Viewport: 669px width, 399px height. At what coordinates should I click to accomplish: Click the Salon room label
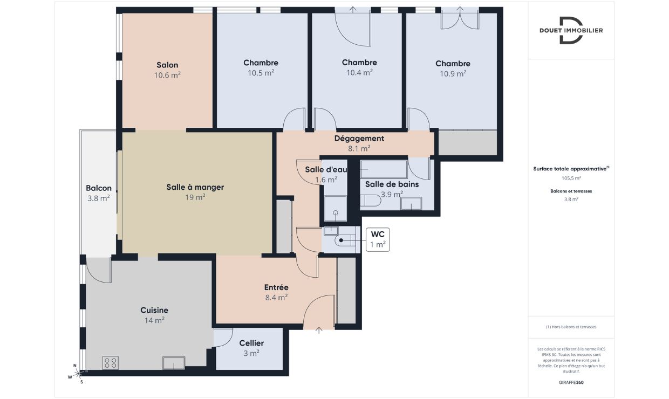167,65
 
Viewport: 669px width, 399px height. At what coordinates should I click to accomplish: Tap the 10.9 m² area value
453,73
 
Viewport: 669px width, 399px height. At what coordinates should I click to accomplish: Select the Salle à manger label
195,187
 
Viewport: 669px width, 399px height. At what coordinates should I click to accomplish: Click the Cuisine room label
154,310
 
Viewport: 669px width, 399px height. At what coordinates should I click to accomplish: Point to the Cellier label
251,343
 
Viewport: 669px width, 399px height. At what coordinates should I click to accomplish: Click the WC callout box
378,239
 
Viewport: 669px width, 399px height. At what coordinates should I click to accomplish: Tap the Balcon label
99,188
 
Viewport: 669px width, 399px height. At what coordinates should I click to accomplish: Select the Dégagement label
359,139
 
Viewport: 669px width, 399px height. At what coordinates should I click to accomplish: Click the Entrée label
276,287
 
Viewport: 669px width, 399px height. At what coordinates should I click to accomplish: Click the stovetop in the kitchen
111,362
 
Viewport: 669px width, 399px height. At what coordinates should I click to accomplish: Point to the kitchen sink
174,363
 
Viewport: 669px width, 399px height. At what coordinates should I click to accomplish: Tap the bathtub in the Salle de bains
384,169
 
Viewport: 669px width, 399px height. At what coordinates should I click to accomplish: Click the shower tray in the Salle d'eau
336,209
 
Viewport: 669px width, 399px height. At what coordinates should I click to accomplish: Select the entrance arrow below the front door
319,330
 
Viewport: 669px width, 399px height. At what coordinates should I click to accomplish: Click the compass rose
78,373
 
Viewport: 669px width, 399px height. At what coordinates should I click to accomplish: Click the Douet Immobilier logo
571,30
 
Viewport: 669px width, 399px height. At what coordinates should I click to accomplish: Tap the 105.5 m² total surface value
571,178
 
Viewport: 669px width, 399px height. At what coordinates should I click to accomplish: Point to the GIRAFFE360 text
571,382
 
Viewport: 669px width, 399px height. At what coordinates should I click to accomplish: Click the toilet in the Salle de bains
370,201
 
